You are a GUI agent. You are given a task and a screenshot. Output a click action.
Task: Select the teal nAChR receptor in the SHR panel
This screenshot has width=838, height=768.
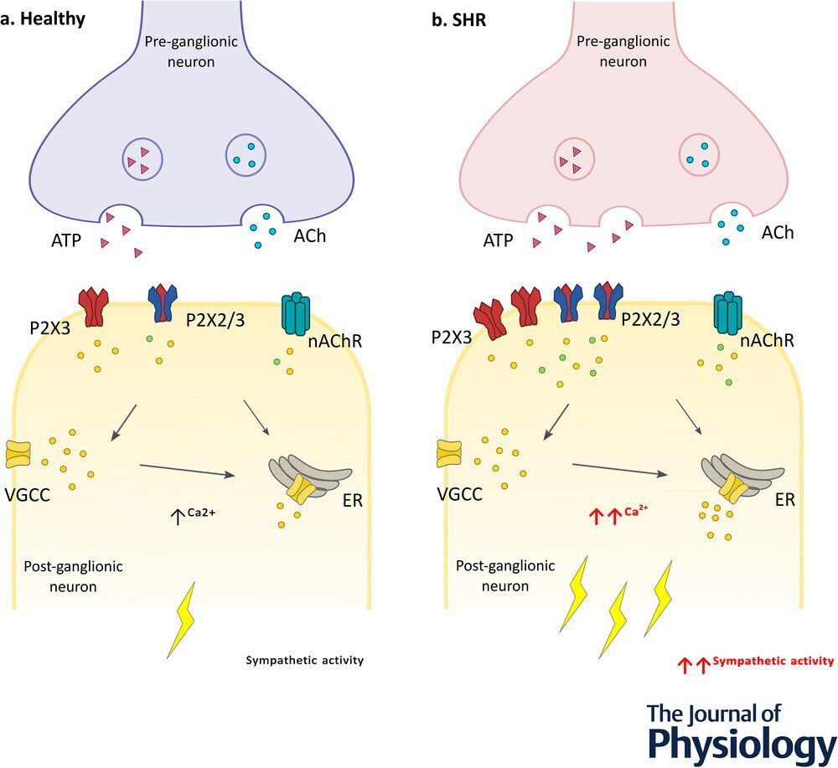click(x=729, y=315)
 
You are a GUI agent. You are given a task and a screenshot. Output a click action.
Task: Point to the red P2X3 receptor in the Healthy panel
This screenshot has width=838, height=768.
click(x=94, y=307)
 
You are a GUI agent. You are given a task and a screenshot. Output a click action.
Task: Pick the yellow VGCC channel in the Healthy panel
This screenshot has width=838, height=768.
click(x=18, y=452)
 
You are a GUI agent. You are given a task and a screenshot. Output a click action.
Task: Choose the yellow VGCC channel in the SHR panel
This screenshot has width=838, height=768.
click(x=449, y=452)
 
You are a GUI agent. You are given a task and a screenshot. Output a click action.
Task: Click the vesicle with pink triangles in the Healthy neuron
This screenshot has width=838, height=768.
click(x=142, y=158)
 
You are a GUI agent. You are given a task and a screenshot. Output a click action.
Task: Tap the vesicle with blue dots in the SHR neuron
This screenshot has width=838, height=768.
click(x=698, y=154)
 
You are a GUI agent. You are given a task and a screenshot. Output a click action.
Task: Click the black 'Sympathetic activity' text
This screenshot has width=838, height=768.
click(x=304, y=660)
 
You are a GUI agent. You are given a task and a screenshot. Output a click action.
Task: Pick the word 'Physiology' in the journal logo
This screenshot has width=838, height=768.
click(x=741, y=745)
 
